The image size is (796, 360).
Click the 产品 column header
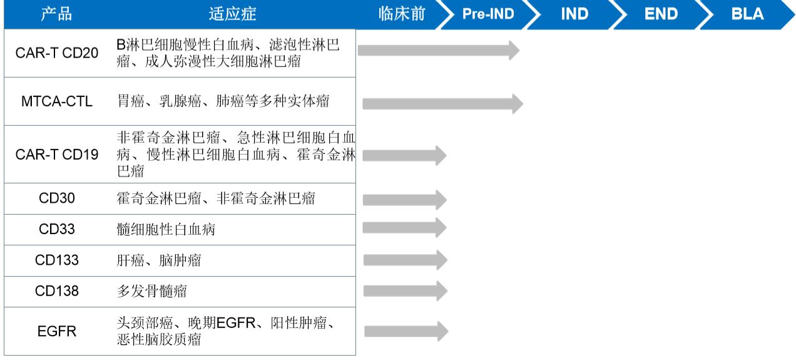(x=56, y=14)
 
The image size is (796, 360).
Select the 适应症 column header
(x=232, y=14)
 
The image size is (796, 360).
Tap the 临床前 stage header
(x=402, y=14)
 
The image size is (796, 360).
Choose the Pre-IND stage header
(x=488, y=14)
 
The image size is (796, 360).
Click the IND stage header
(x=574, y=14)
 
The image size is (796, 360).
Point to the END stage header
(x=661, y=14)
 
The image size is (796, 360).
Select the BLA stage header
(x=747, y=14)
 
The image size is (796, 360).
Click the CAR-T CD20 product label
(x=57, y=53)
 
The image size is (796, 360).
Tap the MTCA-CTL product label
(x=57, y=101)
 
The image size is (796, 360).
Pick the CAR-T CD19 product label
(x=57, y=155)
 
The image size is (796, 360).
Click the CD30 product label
(x=57, y=199)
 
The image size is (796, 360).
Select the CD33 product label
(x=57, y=229)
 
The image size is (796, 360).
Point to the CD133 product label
(x=57, y=260)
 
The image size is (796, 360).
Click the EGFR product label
(x=57, y=331)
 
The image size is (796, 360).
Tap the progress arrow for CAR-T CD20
(x=438, y=51)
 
